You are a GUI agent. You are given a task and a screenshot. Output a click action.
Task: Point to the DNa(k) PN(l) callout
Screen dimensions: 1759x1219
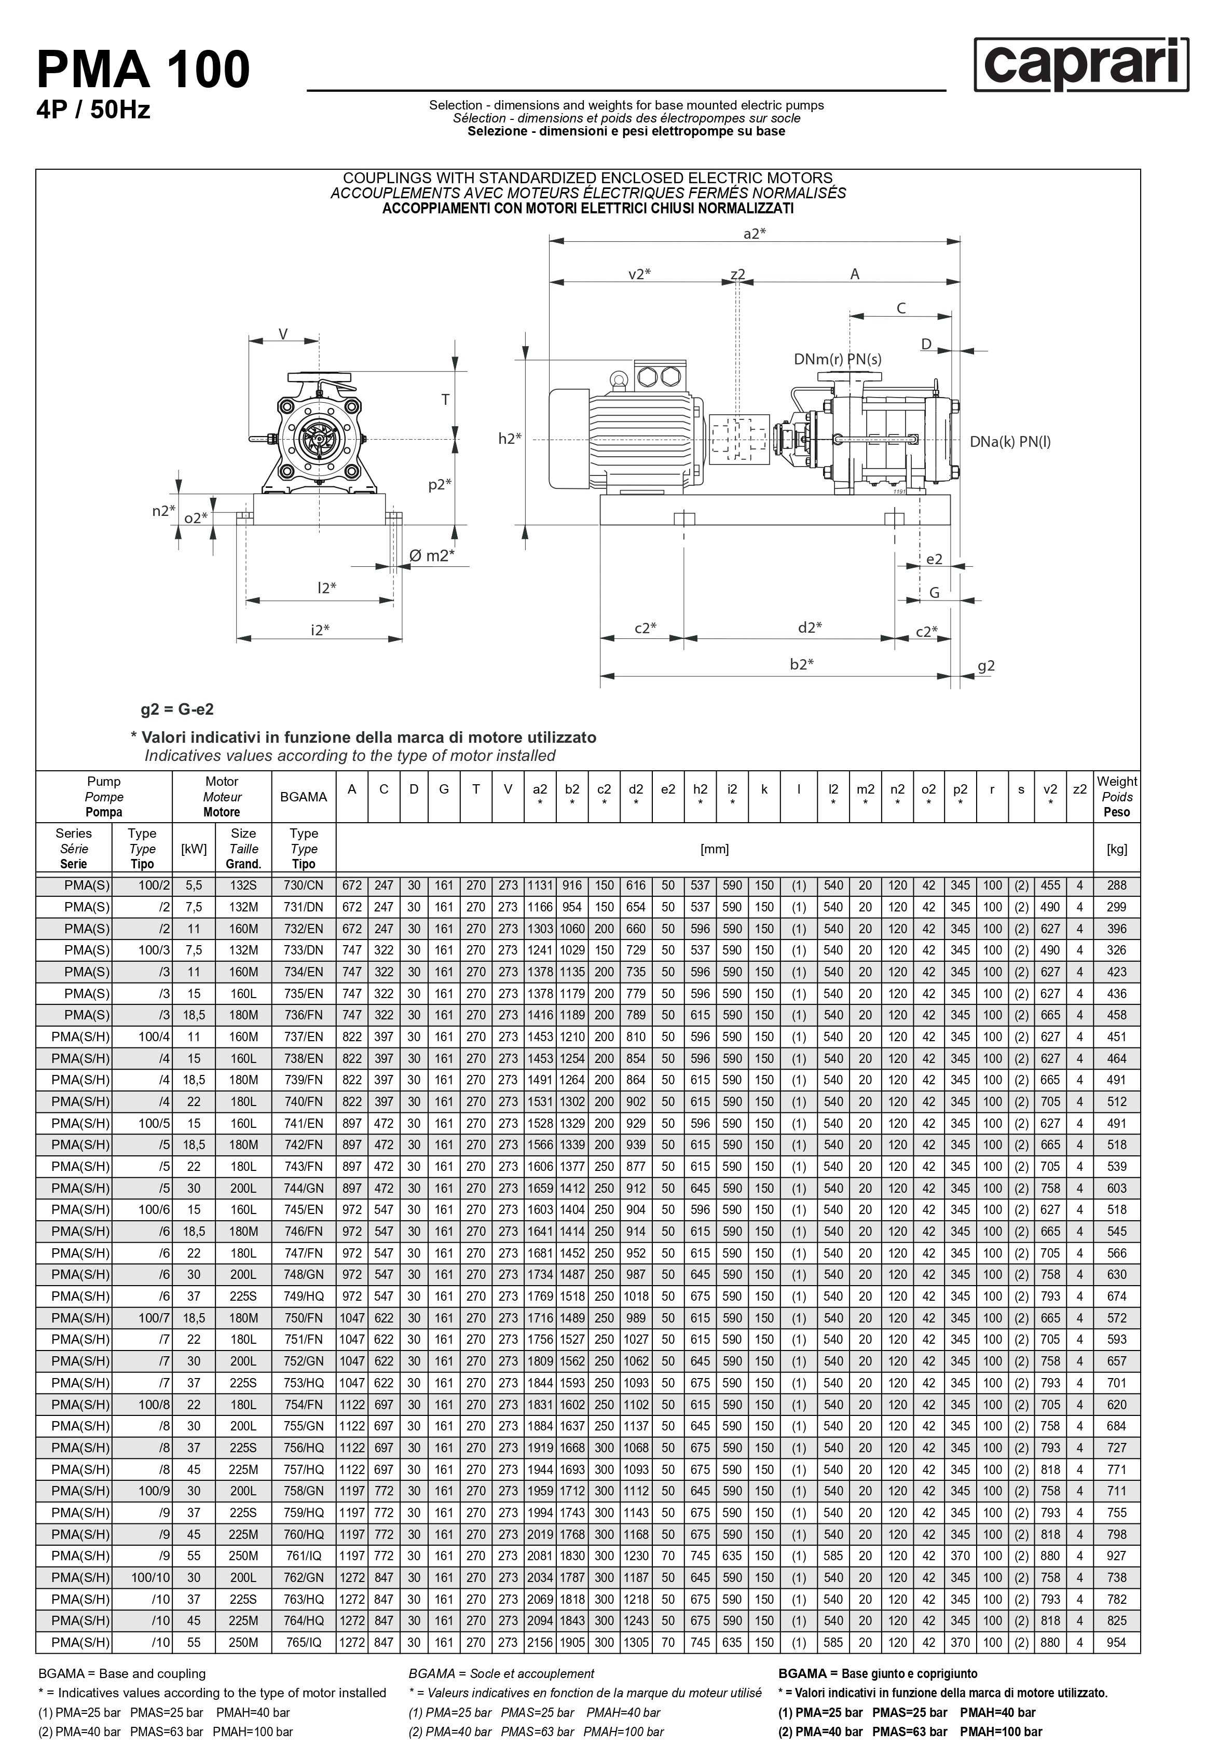click(x=1010, y=442)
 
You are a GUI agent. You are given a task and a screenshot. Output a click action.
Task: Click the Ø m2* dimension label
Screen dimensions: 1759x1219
click(x=432, y=555)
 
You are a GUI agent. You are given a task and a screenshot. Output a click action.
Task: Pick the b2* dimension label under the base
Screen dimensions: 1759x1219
click(x=801, y=664)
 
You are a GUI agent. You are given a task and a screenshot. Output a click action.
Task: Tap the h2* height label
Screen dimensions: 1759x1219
click(x=510, y=439)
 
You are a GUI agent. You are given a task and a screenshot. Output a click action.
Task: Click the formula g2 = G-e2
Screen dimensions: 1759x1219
click(x=177, y=710)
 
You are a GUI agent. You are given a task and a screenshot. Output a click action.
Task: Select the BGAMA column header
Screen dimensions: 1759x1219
click(x=303, y=797)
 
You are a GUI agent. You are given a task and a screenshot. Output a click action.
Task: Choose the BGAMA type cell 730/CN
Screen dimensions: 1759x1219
click(x=303, y=885)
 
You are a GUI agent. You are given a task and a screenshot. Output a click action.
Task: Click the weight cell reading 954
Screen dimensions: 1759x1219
click(x=1117, y=1642)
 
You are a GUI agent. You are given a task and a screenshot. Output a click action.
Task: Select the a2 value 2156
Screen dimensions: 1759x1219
click(x=540, y=1642)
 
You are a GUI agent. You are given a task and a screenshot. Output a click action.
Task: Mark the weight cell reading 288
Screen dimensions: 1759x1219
click(x=1117, y=885)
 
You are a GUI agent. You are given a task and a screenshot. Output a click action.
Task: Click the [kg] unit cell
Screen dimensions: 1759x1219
click(x=1117, y=849)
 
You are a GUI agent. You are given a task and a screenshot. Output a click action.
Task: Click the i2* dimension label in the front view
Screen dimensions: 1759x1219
click(x=320, y=630)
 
